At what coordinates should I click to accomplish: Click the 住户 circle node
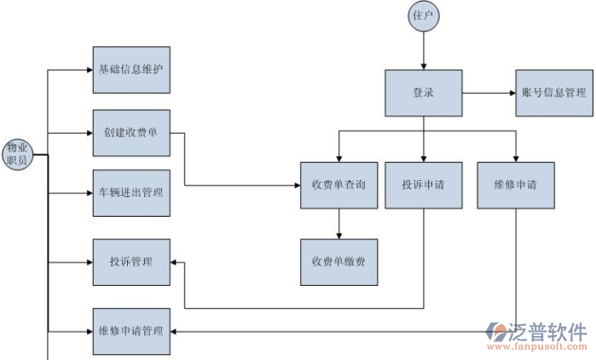(x=424, y=17)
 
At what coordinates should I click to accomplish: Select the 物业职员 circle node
(x=18, y=154)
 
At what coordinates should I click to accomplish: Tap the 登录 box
(x=424, y=93)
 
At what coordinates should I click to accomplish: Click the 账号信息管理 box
(x=553, y=93)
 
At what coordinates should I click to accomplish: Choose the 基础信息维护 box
(x=131, y=70)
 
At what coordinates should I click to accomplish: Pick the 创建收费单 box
(x=131, y=133)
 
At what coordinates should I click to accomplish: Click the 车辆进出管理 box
(x=131, y=194)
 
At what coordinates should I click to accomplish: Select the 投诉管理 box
(x=131, y=261)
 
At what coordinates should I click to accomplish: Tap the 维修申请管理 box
(x=131, y=330)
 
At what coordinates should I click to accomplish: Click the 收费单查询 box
(x=339, y=185)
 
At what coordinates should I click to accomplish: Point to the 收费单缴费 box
(x=339, y=262)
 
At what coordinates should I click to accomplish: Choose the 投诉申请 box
(x=424, y=185)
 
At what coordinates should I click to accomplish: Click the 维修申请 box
(x=515, y=185)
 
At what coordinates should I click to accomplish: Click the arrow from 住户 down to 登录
(x=424, y=51)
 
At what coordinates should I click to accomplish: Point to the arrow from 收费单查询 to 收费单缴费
(x=339, y=224)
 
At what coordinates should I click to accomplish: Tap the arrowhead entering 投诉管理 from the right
(x=174, y=261)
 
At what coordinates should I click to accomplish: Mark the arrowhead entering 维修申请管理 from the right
(x=174, y=331)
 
